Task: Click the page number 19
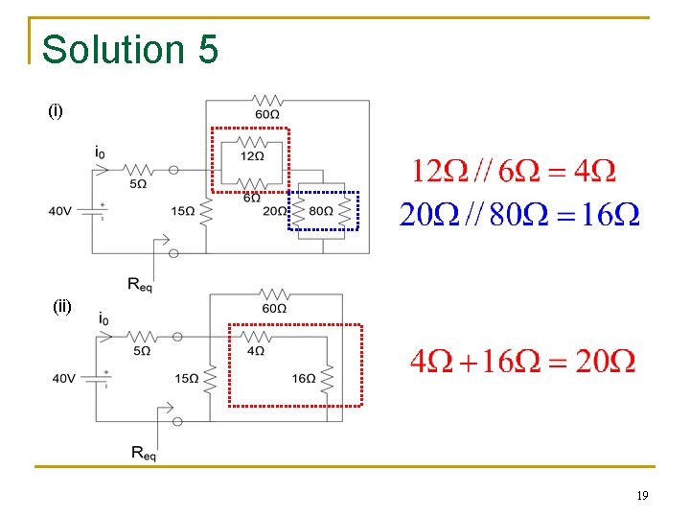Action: click(x=642, y=496)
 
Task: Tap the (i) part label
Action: click(x=56, y=111)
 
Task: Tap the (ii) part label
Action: click(x=62, y=307)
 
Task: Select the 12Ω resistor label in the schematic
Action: click(x=252, y=156)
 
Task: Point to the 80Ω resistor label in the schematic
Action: click(x=321, y=211)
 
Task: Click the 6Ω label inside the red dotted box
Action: click(x=251, y=198)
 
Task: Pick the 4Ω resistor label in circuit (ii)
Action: click(x=256, y=351)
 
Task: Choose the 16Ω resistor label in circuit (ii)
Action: click(x=304, y=379)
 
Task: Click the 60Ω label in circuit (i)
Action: click(x=267, y=115)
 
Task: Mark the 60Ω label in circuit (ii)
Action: click(x=274, y=309)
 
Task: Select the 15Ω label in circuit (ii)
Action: click(x=187, y=379)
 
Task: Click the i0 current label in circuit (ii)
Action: click(x=103, y=318)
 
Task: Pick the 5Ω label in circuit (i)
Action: click(x=138, y=183)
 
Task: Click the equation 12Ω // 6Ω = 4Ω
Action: click(x=514, y=173)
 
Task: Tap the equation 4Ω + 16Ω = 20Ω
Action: click(x=522, y=362)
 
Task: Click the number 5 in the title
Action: click(x=209, y=49)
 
